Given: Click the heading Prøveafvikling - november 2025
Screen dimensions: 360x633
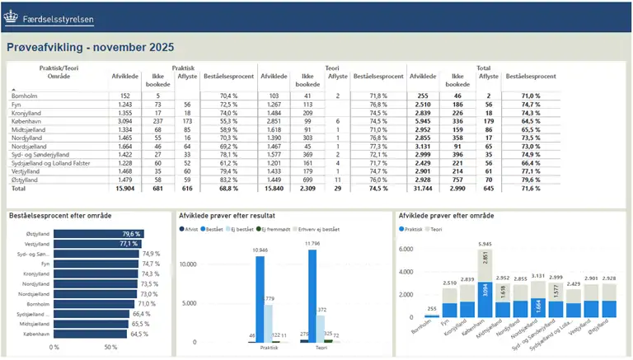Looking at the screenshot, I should pyautogui.click(x=90, y=48).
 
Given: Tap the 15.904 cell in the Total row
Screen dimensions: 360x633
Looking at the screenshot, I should pyautogui.click(x=121, y=189).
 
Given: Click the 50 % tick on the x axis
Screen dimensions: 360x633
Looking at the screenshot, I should pyautogui.click(x=110, y=347).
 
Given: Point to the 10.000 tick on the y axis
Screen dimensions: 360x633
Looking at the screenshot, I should pyautogui.click(x=187, y=264).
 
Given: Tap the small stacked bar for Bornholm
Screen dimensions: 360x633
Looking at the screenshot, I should pyautogui.click(x=430, y=314).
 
